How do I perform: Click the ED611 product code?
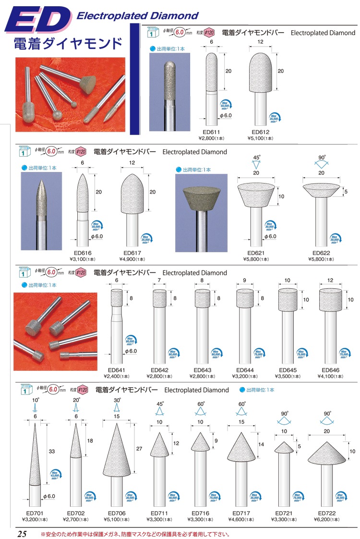pyautogui.click(x=212, y=132)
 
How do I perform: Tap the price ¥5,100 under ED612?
pyautogui.click(x=260, y=138)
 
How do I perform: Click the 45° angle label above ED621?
pyautogui.click(x=256, y=157)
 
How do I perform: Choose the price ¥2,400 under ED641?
pyautogui.click(x=117, y=376)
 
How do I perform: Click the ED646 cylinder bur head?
pyautogui.click(x=331, y=300)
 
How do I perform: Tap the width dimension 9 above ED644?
pyautogui.click(x=245, y=280)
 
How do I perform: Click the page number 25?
pyautogui.click(x=22, y=534)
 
